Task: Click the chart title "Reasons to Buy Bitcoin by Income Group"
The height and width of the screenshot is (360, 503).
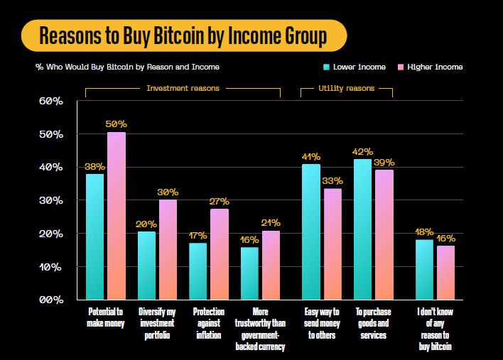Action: pyautogui.click(x=183, y=36)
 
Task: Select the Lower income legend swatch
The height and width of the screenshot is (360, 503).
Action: pyautogui.click(x=327, y=67)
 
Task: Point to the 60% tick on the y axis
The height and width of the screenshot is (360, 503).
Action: pyautogui.click(x=50, y=102)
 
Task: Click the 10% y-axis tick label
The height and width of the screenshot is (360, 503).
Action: pyautogui.click(x=50, y=268)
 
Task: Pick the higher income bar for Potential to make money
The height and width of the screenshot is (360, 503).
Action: pyautogui.click(x=117, y=216)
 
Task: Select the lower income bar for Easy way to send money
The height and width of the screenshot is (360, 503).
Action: pyautogui.click(x=311, y=232)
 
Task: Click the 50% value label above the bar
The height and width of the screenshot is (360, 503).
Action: pyautogui.click(x=117, y=124)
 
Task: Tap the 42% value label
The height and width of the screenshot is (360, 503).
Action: pyautogui.click(x=363, y=151)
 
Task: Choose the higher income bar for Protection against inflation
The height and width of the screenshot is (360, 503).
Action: pyautogui.click(x=219, y=254)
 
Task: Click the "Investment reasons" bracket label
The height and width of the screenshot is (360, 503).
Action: pyautogui.click(x=183, y=89)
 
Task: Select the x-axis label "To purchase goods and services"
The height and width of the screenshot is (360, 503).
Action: pyautogui.click(x=373, y=323)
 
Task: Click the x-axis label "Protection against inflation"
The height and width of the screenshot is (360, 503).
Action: pyautogui.click(x=209, y=323)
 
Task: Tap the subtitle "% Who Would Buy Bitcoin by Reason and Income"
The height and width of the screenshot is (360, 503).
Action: pyautogui.click(x=127, y=67)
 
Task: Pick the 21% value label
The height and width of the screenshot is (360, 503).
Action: pyautogui.click(x=271, y=223)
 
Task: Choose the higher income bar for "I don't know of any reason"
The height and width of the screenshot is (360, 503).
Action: pyautogui.click(x=445, y=273)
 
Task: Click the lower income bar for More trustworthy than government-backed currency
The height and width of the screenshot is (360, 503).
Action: pyautogui.click(x=249, y=273)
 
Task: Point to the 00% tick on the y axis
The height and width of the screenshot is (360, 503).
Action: pyautogui.click(x=50, y=300)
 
